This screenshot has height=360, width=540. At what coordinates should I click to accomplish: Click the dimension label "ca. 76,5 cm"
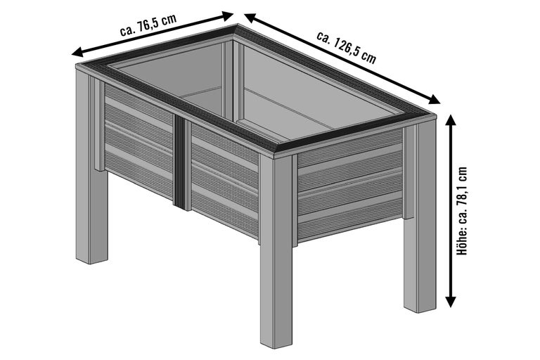pyautogui.click(x=148, y=25)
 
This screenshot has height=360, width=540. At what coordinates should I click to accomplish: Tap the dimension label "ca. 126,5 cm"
pyautogui.click(x=347, y=48)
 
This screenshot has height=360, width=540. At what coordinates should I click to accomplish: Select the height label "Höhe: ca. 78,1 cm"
pyautogui.click(x=462, y=211)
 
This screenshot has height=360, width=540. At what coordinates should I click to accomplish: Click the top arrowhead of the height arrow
pyautogui.click(x=451, y=121)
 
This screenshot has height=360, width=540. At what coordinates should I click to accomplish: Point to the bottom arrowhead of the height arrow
pyautogui.click(x=451, y=302)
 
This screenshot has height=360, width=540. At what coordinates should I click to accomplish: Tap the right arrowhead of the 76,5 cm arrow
pyautogui.click(x=228, y=16)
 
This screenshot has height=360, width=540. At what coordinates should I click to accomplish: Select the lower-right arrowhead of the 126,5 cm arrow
pyautogui.click(x=435, y=100)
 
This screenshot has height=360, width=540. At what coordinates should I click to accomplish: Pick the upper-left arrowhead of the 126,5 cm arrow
pyautogui.click(x=250, y=17)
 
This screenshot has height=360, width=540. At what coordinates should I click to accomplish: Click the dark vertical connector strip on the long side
pyautogui.click(x=179, y=161)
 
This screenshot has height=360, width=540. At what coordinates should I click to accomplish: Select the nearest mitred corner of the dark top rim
pyautogui.click(x=277, y=149)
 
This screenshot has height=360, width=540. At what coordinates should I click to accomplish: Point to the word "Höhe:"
pyautogui.click(x=462, y=243)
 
